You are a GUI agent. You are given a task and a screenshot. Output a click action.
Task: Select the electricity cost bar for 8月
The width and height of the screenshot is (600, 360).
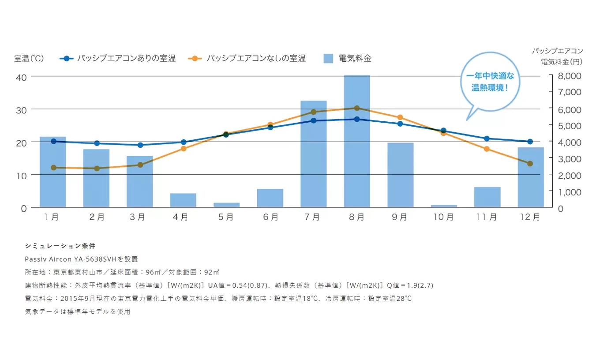click(357, 141)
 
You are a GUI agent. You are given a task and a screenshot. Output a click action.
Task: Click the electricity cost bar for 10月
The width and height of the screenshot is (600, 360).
click(444, 206)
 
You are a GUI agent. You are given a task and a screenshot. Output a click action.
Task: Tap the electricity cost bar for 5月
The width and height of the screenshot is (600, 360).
click(227, 205)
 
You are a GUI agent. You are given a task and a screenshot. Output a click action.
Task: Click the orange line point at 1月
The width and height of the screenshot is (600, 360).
click(53, 168)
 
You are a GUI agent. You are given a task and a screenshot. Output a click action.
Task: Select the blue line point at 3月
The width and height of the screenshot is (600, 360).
click(140, 145)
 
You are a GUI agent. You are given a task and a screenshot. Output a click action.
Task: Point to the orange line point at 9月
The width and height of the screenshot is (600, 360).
click(400, 117)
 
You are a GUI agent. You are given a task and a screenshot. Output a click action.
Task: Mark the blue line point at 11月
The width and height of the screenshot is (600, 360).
click(487, 139)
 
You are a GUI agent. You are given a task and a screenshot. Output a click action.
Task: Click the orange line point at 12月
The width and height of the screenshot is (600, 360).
click(530, 164)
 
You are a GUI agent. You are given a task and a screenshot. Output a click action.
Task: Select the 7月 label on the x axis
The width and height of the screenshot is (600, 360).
click(313, 217)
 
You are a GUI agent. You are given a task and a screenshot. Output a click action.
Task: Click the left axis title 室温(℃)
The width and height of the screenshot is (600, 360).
click(29, 58)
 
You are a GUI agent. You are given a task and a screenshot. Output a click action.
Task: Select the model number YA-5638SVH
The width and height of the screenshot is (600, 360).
click(94, 259)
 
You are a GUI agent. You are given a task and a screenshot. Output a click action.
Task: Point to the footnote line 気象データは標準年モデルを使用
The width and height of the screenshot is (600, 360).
click(78, 311)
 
